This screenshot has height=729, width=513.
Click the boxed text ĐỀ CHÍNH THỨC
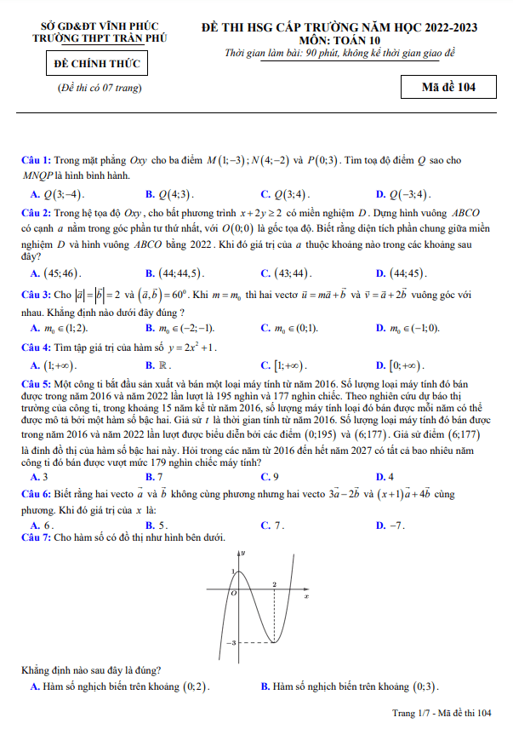[98, 64]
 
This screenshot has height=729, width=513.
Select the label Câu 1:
[37, 160]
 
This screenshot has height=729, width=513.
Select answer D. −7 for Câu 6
[390, 525]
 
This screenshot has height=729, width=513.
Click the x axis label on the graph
[306, 596]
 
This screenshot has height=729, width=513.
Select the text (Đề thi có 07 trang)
[99, 88]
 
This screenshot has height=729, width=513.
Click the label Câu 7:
[37, 537]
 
